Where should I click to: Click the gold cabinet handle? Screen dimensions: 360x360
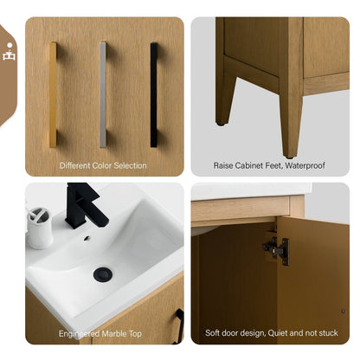(x=53, y=93)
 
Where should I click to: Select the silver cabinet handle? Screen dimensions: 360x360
(x=103, y=93)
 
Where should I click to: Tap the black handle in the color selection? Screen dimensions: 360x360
(x=154, y=93)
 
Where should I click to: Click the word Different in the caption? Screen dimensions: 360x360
(x=76, y=165)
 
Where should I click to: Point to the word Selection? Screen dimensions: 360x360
(x=129, y=165)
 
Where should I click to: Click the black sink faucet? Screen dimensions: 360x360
(x=83, y=204)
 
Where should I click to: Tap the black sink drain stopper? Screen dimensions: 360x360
(x=103, y=274)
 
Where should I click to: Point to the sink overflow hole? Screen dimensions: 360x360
(x=87, y=238)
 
